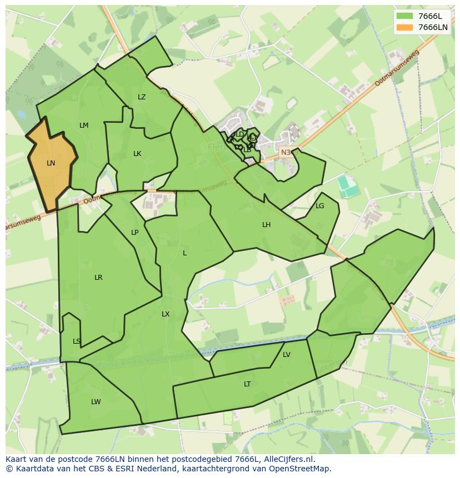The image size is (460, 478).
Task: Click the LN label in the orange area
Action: (x=51, y=163)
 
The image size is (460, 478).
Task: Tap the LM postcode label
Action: (x=84, y=125)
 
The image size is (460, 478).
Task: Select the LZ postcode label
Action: (x=142, y=97)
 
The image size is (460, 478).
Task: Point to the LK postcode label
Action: (x=137, y=154)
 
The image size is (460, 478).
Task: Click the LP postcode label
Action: (x=134, y=233)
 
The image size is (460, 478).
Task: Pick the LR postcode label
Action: (x=98, y=278)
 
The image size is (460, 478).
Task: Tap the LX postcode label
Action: (x=166, y=314)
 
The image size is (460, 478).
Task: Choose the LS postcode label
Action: (x=77, y=341)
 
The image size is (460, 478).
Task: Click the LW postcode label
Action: (x=96, y=402)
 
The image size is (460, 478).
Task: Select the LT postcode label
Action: (x=247, y=384)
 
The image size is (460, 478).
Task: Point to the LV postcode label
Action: (x=287, y=355)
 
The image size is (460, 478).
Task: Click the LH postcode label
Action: (x=267, y=225)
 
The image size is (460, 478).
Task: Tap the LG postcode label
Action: (x=319, y=206)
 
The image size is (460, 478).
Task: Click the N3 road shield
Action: (x=286, y=152)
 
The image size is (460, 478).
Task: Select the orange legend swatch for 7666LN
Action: (x=405, y=27)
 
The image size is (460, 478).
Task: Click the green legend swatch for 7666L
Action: (x=405, y=16)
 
